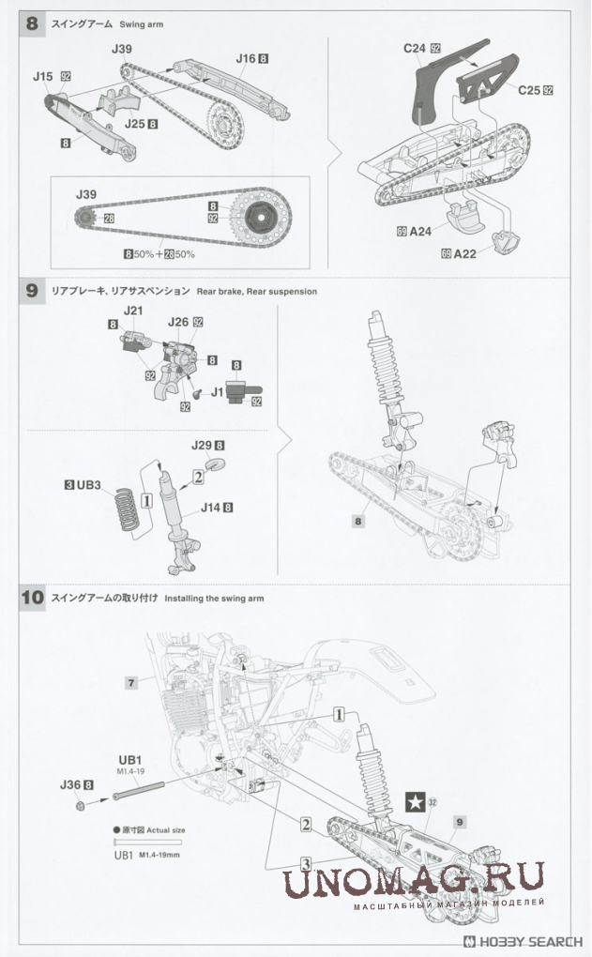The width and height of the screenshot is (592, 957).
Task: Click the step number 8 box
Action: [32, 24]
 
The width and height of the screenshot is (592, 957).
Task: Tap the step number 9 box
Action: [32, 291]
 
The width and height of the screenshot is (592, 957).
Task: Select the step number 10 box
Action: [33, 597]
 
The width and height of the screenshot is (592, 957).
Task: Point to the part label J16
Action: [246, 58]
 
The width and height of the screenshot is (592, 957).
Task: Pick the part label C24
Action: [415, 47]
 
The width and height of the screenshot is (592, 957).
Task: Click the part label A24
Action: [419, 231]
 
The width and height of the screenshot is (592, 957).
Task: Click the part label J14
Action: [211, 508]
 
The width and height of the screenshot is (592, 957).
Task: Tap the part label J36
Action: [70, 784]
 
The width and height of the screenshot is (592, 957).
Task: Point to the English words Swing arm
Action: [141, 24]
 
